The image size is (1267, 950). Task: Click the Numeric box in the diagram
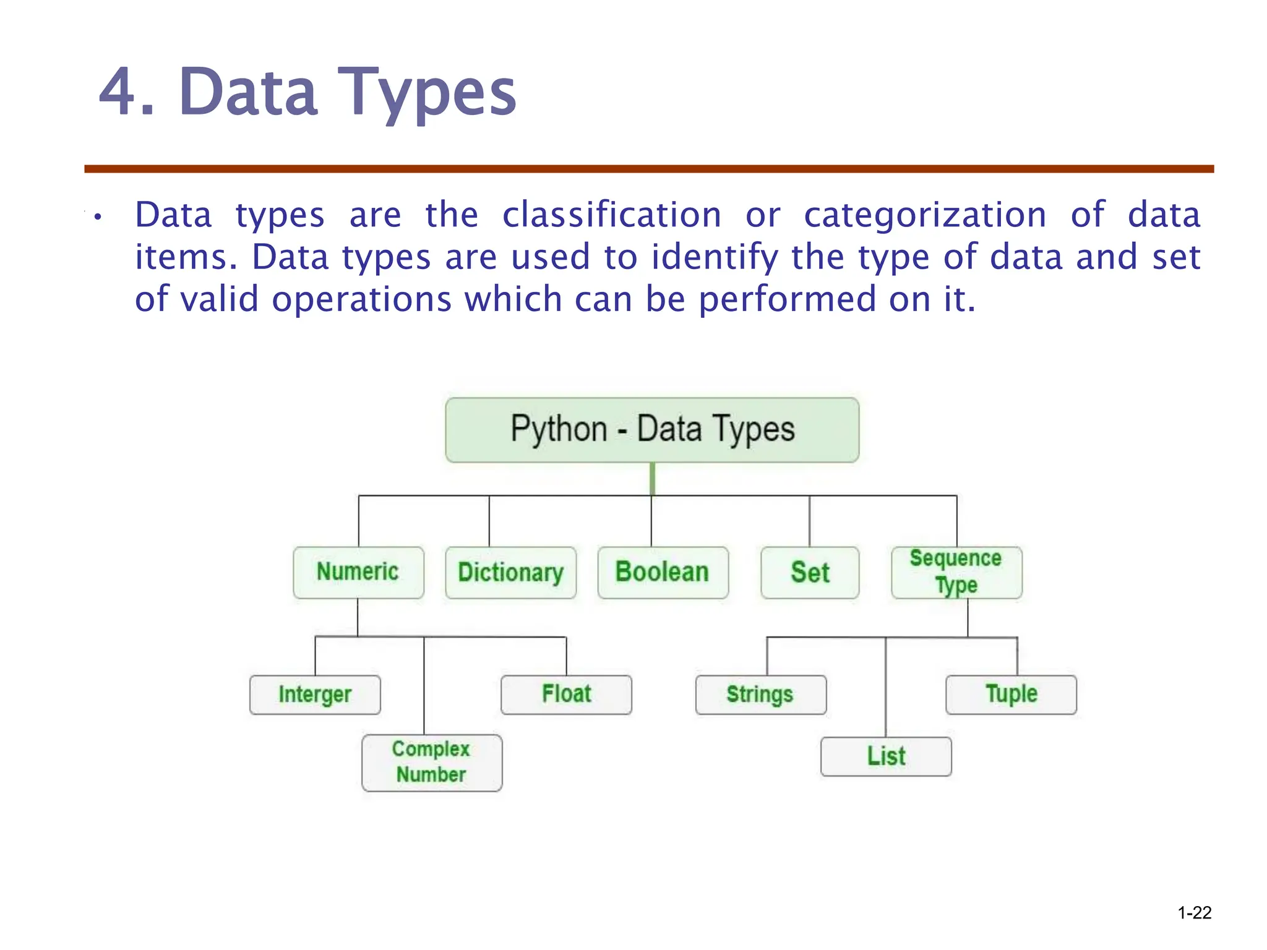(358, 572)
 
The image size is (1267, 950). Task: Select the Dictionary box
(510, 572)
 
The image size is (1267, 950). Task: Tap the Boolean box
(663, 572)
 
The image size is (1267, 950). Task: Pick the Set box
(810, 572)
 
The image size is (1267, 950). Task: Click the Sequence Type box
(956, 572)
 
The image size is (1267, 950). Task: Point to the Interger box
(315, 695)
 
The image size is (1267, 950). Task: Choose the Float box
(566, 695)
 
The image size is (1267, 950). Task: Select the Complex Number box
(432, 763)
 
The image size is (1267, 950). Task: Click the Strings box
(760, 695)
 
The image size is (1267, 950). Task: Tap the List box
(886, 756)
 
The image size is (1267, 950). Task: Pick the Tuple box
(1011, 695)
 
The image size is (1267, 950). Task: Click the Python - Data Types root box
(652, 430)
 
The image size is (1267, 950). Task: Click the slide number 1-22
(1194, 913)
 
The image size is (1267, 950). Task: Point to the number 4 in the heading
(118, 93)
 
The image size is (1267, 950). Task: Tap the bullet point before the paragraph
(97, 217)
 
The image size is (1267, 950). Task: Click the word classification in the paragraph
(611, 215)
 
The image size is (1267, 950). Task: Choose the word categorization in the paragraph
(925, 215)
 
